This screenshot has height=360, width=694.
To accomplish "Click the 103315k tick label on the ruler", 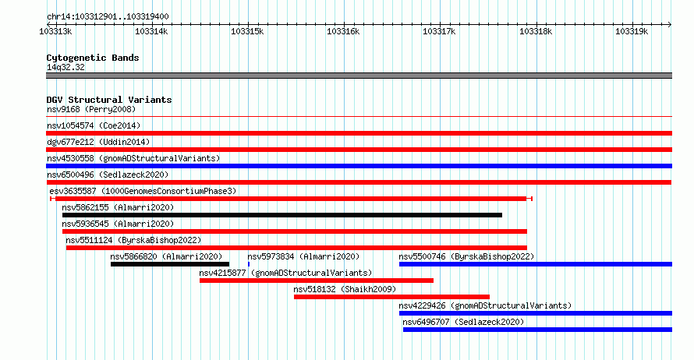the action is (247, 31).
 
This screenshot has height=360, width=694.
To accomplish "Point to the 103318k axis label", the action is (536, 31).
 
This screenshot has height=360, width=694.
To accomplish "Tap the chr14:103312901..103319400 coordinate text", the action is (108, 17).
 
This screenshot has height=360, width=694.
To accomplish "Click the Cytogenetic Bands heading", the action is (93, 58).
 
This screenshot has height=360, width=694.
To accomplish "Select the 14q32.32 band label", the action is (66, 67).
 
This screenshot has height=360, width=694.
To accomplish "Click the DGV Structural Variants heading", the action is (109, 100).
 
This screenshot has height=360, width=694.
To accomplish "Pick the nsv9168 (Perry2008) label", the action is (91, 109).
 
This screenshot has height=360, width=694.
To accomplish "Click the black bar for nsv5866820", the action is (170, 264).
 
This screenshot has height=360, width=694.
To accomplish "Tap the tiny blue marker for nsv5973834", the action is (249, 264).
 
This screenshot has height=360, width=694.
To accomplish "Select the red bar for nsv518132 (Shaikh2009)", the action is (391, 297).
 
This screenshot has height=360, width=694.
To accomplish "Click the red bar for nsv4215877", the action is (317, 281).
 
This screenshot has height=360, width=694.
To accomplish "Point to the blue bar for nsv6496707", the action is (537, 330).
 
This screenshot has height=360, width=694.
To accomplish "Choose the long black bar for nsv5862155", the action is (282, 215).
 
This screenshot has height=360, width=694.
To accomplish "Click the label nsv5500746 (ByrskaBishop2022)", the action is (466, 256).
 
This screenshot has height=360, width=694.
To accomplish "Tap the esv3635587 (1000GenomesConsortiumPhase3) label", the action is (143, 191).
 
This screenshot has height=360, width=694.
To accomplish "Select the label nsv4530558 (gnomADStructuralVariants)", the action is (133, 158).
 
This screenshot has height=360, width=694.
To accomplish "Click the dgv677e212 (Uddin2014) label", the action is (98, 142).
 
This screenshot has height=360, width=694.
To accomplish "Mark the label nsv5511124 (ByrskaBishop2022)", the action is (133, 240).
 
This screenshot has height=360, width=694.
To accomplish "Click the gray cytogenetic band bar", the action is (359, 76).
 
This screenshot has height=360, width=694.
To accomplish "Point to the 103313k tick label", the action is (56, 31).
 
